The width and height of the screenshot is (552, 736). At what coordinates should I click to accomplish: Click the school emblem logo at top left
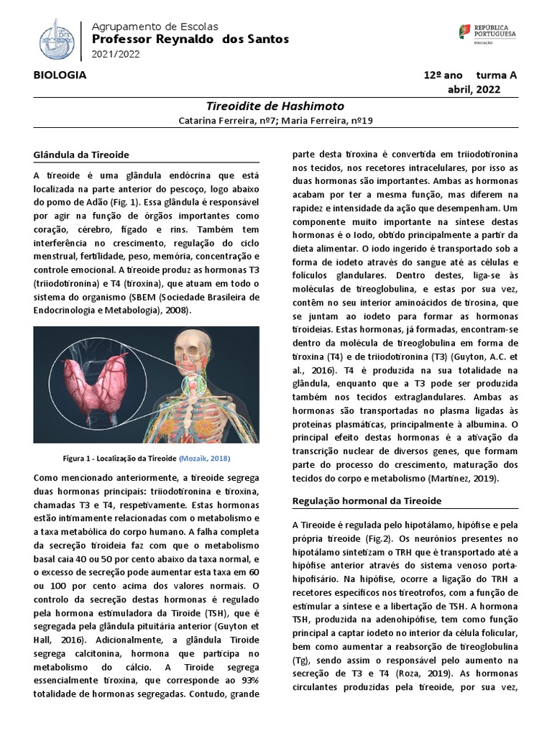57,39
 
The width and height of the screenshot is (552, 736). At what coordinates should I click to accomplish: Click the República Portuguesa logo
487,34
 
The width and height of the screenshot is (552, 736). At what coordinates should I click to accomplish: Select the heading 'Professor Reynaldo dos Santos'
190,39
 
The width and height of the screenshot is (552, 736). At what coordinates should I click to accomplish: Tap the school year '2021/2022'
116,54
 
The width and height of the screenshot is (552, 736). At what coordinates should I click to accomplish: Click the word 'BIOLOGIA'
60,75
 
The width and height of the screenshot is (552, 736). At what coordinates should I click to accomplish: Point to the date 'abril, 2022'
474,89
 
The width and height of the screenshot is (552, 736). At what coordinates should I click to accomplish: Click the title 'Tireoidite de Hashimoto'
275,106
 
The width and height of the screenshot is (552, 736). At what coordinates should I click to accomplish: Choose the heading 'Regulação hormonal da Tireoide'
367,500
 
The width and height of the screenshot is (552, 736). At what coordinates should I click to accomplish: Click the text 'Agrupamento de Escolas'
155,26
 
